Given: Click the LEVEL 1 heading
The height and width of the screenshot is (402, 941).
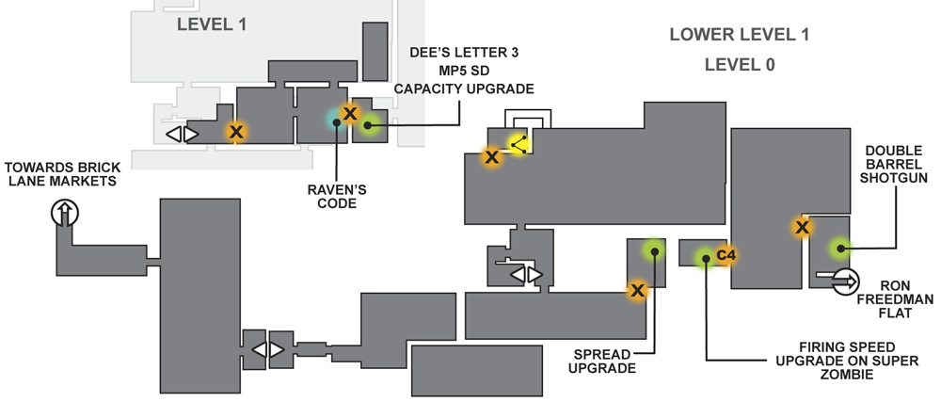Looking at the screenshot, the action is click(x=212, y=24).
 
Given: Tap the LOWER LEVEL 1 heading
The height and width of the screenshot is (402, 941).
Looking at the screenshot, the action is click(x=740, y=35).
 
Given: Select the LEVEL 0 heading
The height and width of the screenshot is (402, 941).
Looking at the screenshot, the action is click(x=740, y=64).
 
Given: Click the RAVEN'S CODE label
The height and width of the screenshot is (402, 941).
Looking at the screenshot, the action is click(x=337, y=197).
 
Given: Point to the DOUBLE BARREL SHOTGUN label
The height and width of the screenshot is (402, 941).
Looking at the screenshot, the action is click(x=894, y=164).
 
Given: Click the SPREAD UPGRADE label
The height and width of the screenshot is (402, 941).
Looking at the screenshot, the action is click(x=602, y=362).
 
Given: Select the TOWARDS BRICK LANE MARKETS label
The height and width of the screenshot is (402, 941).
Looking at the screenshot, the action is click(x=62, y=173).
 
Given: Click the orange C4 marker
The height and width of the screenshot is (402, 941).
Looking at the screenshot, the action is click(x=726, y=255).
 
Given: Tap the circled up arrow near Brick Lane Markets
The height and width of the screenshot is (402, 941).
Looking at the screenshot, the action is click(x=65, y=213).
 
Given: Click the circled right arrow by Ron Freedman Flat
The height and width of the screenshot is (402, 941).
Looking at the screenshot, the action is click(x=846, y=281).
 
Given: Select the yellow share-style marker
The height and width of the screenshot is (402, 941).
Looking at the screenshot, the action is click(x=518, y=145).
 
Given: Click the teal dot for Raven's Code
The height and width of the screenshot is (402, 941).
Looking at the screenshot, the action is click(x=336, y=120).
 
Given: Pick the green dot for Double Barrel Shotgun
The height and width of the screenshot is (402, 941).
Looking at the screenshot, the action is click(x=839, y=248).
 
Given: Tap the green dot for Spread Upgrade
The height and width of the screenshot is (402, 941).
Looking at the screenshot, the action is click(x=654, y=251).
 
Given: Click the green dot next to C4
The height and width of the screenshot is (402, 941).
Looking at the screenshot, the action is click(x=705, y=258).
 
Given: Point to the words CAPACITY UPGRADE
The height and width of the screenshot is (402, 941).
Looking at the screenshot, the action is click(x=464, y=88).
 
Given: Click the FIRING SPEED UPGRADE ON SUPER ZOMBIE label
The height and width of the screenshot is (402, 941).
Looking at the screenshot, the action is click(x=848, y=361).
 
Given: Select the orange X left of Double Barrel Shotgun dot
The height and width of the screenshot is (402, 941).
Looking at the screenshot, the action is click(x=803, y=228).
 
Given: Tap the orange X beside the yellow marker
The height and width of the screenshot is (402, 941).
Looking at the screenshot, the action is click(x=492, y=157).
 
